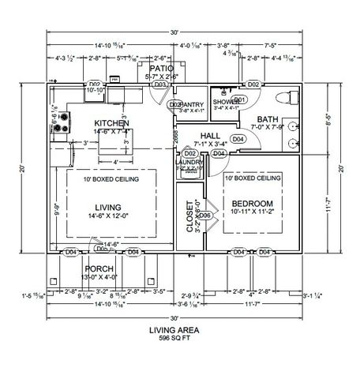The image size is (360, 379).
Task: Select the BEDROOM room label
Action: tap(252, 204)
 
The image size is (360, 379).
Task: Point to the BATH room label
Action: tap(266, 118)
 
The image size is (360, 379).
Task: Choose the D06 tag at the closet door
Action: tap(204, 216)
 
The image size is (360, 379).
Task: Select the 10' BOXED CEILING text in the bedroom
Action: tap(252, 178)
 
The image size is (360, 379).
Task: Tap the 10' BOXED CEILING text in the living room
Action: tap(111, 180)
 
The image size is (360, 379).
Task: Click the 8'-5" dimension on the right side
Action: tap(327, 122)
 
